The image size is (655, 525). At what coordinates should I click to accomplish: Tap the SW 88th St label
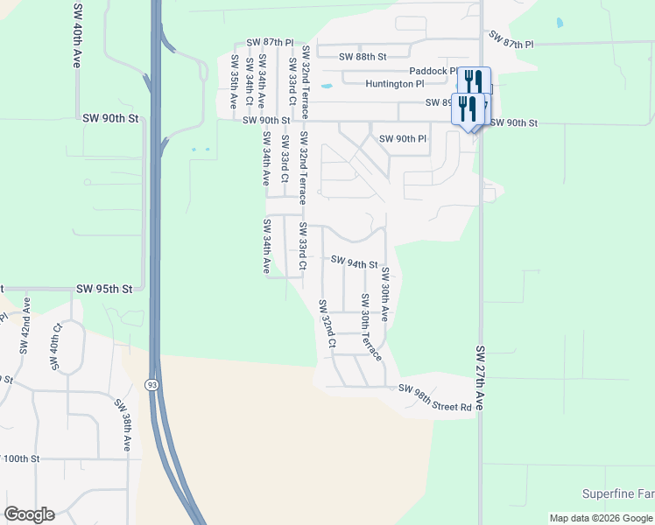(363, 57)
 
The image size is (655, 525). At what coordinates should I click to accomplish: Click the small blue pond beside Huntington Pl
(327, 87)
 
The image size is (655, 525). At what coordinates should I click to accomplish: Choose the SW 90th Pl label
(403, 138)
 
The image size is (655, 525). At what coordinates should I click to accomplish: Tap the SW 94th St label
(354, 262)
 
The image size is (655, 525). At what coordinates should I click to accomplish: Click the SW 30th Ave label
(384, 296)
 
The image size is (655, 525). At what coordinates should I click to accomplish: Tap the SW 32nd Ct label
(327, 325)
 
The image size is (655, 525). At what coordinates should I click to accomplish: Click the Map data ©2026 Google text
(600, 518)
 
